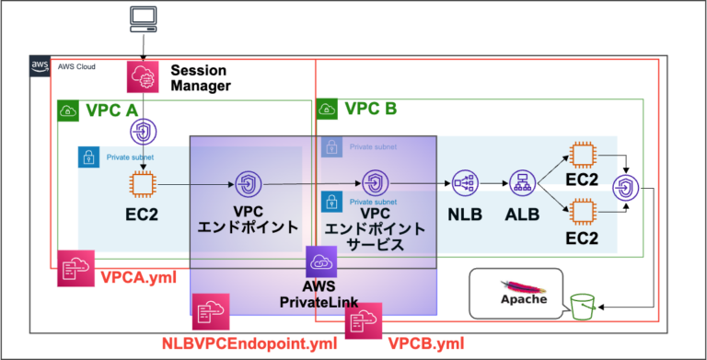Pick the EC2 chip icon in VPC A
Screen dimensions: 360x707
[143, 184]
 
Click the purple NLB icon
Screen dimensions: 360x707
[463, 183]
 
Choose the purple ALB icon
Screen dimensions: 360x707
[521, 183]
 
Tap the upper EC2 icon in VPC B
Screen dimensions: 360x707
[580, 154]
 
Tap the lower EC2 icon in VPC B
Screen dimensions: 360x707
[580, 213]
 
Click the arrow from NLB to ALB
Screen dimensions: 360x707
[492, 183]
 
